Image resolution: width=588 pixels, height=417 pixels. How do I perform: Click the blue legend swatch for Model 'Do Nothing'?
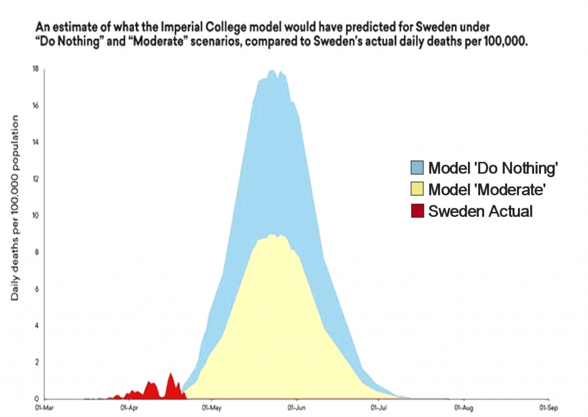(417, 168)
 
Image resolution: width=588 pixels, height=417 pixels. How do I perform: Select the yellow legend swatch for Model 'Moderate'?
(417, 189)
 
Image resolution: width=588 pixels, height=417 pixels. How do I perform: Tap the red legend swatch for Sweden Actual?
(417, 211)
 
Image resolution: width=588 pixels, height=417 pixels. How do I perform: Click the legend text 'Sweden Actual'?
(480, 211)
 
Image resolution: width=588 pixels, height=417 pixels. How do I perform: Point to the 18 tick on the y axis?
(35, 69)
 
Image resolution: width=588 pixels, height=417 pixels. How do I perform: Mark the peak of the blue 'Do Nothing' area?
(272, 71)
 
